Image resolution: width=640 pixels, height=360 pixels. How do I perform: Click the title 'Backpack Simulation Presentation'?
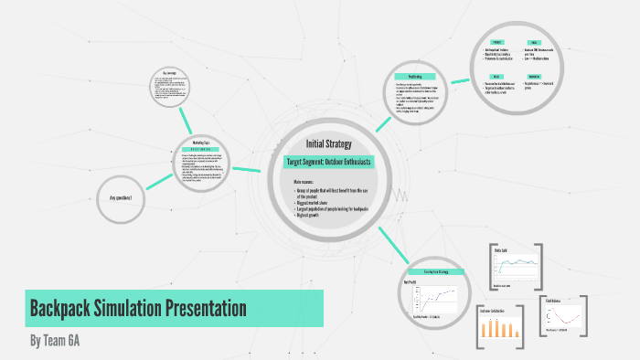pyautogui.click(x=137, y=308)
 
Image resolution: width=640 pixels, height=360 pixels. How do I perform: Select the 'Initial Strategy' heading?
pyautogui.click(x=328, y=143)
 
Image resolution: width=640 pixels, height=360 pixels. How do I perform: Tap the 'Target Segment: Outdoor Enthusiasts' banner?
pyautogui.click(x=328, y=162)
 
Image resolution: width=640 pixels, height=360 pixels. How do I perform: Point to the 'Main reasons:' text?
pyautogui.click(x=304, y=183)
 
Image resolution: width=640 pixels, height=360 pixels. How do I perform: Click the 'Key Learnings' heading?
pyautogui.click(x=169, y=72)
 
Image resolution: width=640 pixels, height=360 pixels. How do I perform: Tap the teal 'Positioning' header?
pyautogui.click(x=413, y=76)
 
